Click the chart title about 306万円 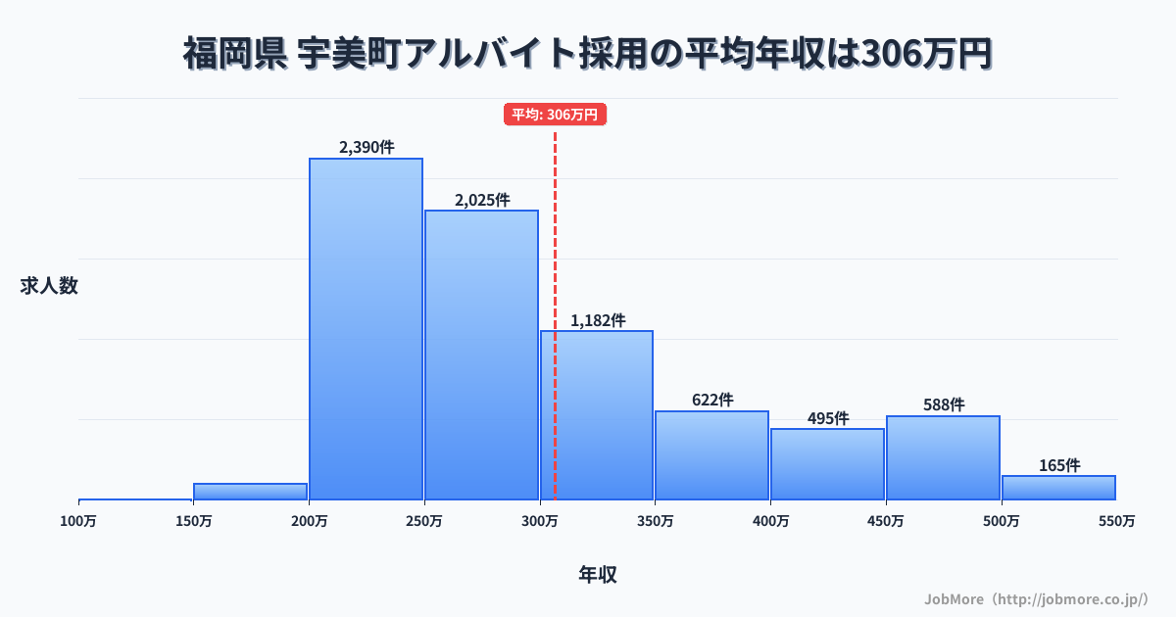[587, 54]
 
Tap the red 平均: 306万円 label [556, 115]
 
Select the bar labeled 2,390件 [366, 329]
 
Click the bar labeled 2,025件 [481, 355]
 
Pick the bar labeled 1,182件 [597, 415]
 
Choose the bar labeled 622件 [712, 455]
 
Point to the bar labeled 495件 [828, 464]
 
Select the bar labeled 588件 [943, 458]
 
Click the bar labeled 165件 [1058, 488]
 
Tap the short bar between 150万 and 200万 [251, 492]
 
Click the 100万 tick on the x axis [78, 521]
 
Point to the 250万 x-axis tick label [423, 521]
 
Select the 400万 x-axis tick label [770, 521]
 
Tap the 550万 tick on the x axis [1116, 521]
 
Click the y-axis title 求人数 [49, 286]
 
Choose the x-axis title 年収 [597, 575]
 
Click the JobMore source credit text [1036, 598]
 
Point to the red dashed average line [555, 245]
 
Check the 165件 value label [1059, 465]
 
